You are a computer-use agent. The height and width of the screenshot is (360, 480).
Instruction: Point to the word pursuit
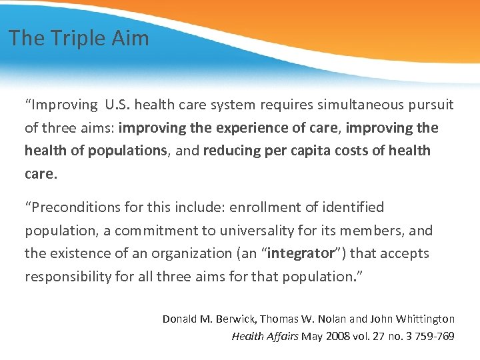(x=429, y=105)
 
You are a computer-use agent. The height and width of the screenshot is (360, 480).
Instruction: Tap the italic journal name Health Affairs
(x=265, y=336)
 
